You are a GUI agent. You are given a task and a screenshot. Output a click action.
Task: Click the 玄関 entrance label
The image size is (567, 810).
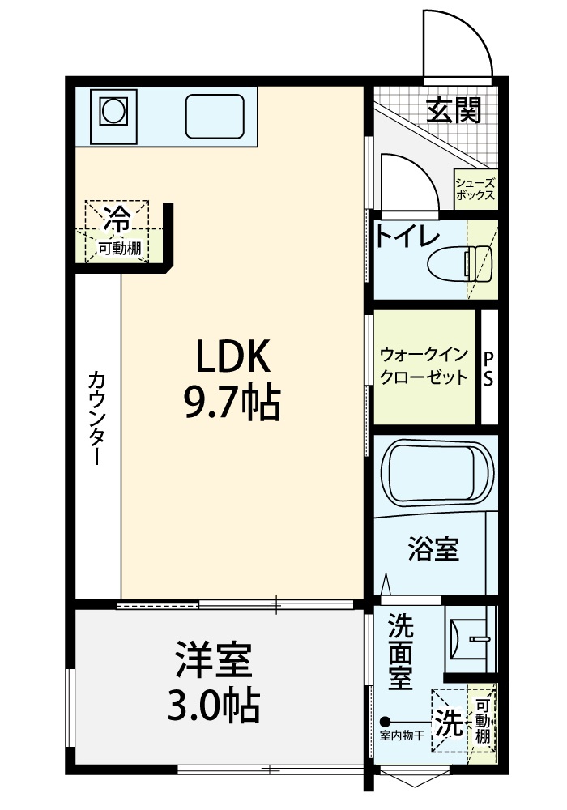coord(454,110)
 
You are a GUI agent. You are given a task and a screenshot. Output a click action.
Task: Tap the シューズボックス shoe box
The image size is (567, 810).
coord(476,190)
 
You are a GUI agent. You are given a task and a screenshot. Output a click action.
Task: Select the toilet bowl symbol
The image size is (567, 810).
coord(459,263)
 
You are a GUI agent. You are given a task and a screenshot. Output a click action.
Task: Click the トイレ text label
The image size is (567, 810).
coord(407,236)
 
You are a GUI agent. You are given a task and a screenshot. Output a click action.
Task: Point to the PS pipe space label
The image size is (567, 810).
coord(488,369)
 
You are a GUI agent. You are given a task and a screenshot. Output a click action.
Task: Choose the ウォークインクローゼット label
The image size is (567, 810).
coord(424,366)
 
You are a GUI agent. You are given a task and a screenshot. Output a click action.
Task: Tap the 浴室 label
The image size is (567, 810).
coord(433,548)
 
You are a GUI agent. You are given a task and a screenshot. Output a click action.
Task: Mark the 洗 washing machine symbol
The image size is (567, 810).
coord(450,722)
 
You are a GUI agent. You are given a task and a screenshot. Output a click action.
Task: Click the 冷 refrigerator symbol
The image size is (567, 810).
coord(117,219)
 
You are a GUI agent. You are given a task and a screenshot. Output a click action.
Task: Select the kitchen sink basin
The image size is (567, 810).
coord(215,116)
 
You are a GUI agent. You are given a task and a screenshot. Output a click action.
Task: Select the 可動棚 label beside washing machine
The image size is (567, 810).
coord(482,721)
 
